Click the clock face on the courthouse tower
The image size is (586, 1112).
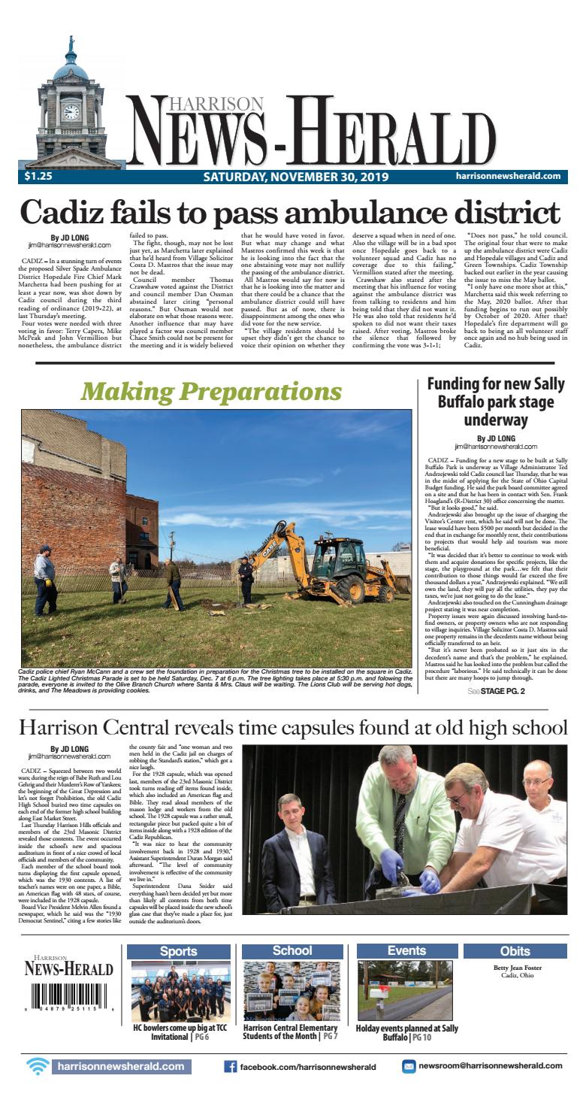point(71,112)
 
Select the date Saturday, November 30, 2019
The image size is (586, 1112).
point(295,177)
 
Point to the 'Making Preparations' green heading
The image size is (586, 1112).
point(211,391)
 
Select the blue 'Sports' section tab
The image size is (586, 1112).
point(179,951)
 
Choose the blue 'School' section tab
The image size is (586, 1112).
point(292,951)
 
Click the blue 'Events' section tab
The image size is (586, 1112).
point(406,951)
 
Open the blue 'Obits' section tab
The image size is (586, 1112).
point(515,951)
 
